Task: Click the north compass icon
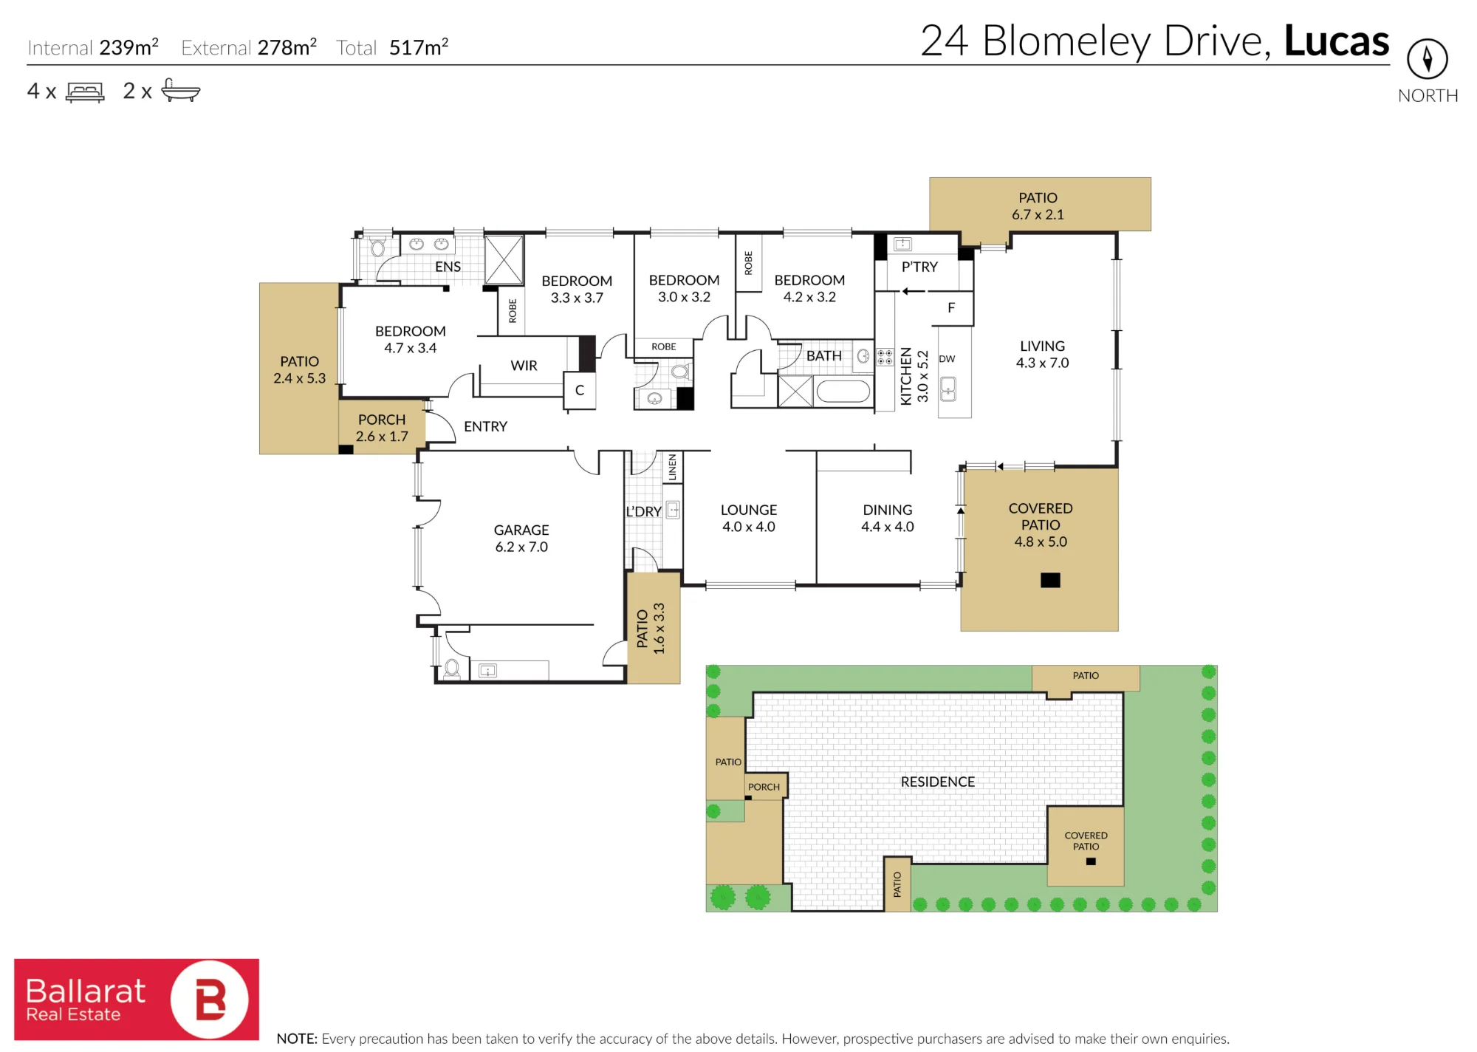coord(1427,58)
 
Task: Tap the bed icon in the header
coord(85,92)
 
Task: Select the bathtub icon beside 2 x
coord(180,89)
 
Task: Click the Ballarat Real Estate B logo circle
coord(210,1000)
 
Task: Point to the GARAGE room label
coord(521,530)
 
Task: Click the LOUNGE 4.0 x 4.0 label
coord(749,518)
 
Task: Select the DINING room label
coord(888,510)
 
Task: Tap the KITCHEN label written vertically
coord(906,376)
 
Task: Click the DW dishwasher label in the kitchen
coord(947,359)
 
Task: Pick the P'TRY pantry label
coord(919,267)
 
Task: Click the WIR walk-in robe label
coord(524,366)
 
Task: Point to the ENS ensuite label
coord(448,267)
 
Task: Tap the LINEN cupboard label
coord(672,468)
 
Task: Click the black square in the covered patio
coord(1050,580)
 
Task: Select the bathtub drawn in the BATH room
coord(843,391)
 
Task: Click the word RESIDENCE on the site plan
coord(937,782)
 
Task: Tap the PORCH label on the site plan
coord(764,787)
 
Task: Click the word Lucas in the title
coord(1337,41)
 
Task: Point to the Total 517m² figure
coord(392,47)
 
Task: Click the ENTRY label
coord(485,426)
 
